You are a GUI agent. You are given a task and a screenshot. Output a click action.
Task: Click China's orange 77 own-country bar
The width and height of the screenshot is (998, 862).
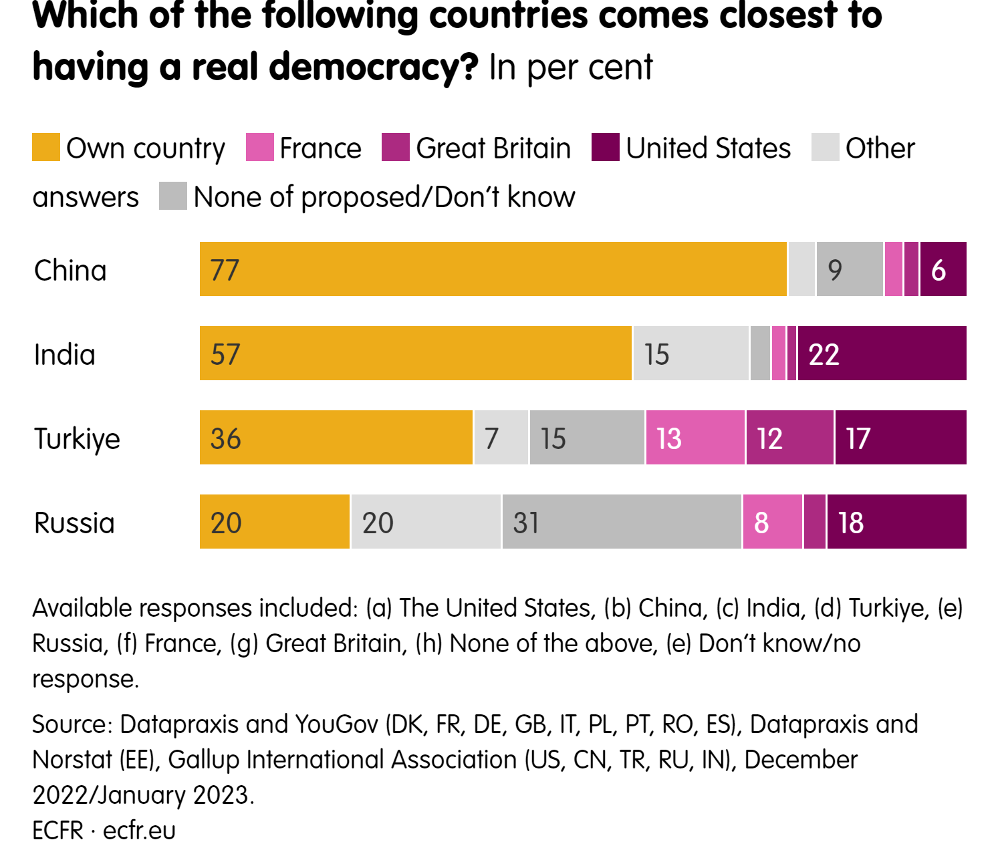493,269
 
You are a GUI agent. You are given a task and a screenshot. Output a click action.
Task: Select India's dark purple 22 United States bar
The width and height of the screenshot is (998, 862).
882,353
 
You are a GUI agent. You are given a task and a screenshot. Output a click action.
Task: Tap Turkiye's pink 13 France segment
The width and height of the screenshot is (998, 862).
695,438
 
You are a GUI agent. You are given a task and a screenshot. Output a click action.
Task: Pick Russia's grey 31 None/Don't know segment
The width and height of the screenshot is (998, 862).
622,522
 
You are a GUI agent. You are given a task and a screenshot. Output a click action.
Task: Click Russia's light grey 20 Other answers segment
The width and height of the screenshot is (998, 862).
426,522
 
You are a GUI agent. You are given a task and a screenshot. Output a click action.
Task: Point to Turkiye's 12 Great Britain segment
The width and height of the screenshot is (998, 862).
790,438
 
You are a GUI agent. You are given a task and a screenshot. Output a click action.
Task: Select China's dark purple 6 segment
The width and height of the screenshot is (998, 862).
943,269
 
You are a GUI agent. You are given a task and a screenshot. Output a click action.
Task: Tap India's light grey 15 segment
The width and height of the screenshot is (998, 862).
691,353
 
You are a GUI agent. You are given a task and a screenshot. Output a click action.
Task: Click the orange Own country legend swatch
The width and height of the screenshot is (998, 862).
46,148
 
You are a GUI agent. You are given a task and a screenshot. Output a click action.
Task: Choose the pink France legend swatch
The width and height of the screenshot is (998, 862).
260,148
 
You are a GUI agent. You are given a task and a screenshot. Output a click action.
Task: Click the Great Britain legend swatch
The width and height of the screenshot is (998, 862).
396,148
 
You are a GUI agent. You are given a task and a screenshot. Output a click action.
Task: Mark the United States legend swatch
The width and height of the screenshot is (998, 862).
606,148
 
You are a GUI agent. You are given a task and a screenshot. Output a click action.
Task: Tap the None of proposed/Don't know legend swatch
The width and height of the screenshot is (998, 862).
173,196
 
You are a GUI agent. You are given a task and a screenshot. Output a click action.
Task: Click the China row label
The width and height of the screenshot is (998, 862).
70,271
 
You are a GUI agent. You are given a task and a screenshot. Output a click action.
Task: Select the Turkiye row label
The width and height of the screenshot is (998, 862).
77,439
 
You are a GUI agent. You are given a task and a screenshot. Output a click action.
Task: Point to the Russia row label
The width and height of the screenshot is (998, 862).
74,523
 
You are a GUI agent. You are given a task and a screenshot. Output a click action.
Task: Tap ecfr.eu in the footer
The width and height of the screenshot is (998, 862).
139,831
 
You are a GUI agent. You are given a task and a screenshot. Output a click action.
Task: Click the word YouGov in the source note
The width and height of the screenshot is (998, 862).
336,724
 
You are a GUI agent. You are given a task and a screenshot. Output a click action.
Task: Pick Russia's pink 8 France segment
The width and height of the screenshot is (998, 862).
773,522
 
